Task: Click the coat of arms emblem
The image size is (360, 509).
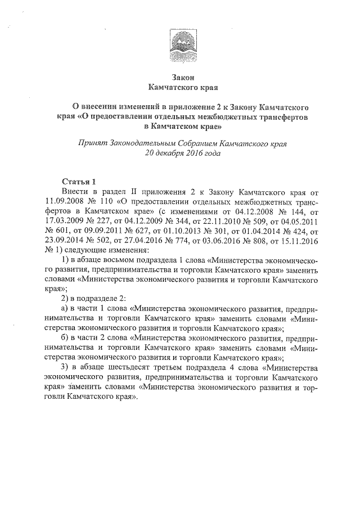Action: point(182,44)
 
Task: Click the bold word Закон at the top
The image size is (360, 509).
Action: point(182,77)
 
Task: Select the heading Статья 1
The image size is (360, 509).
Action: point(79,181)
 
